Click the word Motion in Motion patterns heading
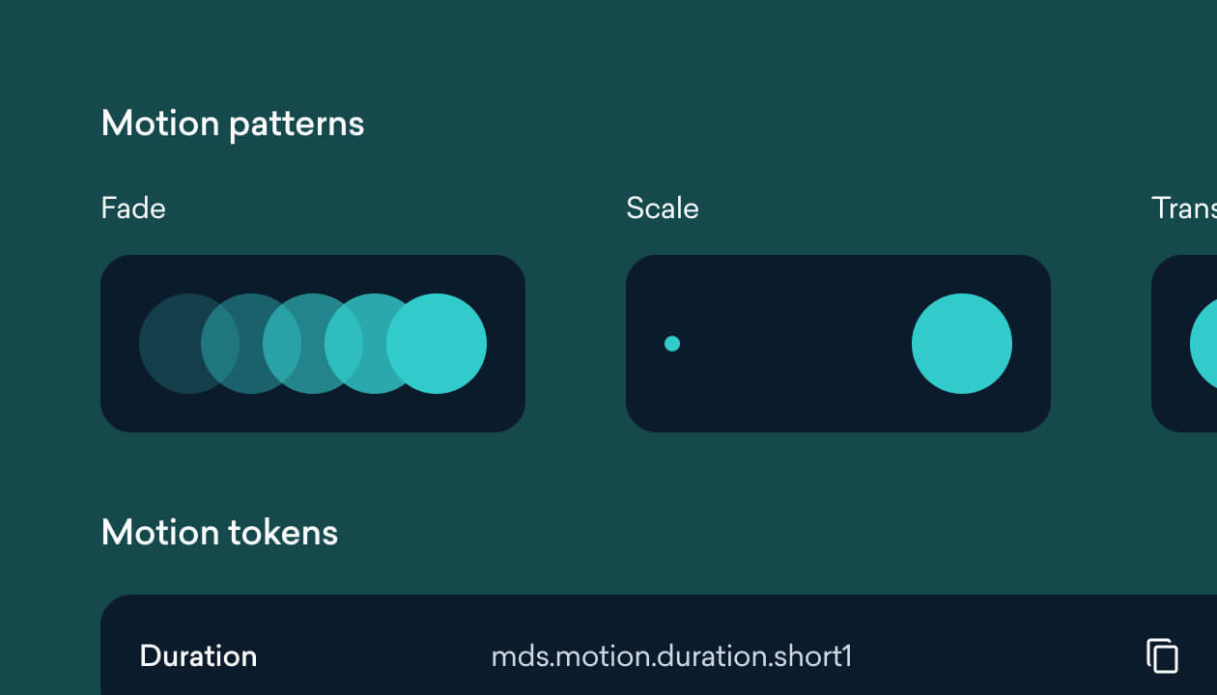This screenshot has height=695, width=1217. point(159,124)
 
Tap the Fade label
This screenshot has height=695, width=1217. point(133,208)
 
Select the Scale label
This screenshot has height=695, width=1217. point(663,208)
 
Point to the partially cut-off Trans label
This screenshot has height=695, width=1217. point(1183,208)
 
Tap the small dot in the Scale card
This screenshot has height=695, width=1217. point(672,344)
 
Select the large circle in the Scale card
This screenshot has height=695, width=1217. point(962,344)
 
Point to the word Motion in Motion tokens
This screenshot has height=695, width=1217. point(159,533)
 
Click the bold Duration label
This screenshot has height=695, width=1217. point(198,656)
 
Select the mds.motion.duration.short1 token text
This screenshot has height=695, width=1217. point(671,656)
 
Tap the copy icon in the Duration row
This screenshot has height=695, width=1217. point(1162,655)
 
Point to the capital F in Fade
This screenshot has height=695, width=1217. point(108,208)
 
